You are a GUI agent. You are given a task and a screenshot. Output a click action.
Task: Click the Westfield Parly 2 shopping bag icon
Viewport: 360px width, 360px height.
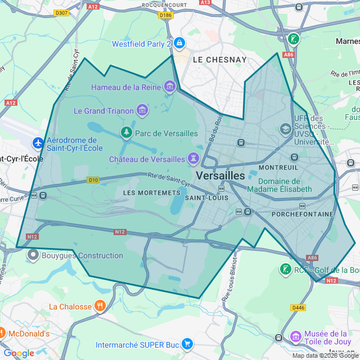[x=179, y=43]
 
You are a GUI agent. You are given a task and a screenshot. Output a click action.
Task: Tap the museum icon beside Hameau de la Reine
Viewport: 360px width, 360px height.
[x=169, y=87]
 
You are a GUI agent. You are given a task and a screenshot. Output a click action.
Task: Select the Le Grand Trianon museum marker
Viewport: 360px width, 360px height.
[x=142, y=111]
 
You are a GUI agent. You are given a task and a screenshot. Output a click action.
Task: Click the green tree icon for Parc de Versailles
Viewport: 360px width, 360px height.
[x=127, y=133]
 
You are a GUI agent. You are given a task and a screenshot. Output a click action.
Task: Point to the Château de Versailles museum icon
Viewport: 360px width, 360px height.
[x=194, y=159]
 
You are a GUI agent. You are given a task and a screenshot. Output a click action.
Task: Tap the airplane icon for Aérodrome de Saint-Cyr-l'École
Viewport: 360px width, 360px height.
[x=38, y=143]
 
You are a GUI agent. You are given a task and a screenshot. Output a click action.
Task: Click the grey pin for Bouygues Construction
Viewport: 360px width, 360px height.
[x=33, y=255]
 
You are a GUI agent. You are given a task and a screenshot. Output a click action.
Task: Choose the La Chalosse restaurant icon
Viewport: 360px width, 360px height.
[x=100, y=307]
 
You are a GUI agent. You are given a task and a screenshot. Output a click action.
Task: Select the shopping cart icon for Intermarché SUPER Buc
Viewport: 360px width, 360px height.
[x=187, y=344]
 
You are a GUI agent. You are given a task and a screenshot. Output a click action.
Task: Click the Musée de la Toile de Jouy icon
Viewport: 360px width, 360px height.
[x=295, y=337]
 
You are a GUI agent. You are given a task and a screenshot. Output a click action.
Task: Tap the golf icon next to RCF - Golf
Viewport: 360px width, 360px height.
[x=286, y=269]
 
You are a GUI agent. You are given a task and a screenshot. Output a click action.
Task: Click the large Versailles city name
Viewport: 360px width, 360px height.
[x=220, y=175]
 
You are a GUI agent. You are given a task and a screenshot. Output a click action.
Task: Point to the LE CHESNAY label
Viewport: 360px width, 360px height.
[x=219, y=59]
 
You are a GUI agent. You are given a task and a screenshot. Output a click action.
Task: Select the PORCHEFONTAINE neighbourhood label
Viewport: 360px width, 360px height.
[x=302, y=214]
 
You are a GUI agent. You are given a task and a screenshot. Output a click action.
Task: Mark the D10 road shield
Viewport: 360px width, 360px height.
[x=93, y=180]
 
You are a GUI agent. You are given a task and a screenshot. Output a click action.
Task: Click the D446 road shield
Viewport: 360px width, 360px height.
[x=298, y=308]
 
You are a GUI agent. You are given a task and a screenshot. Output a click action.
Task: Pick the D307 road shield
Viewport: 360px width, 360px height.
[x=62, y=13]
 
